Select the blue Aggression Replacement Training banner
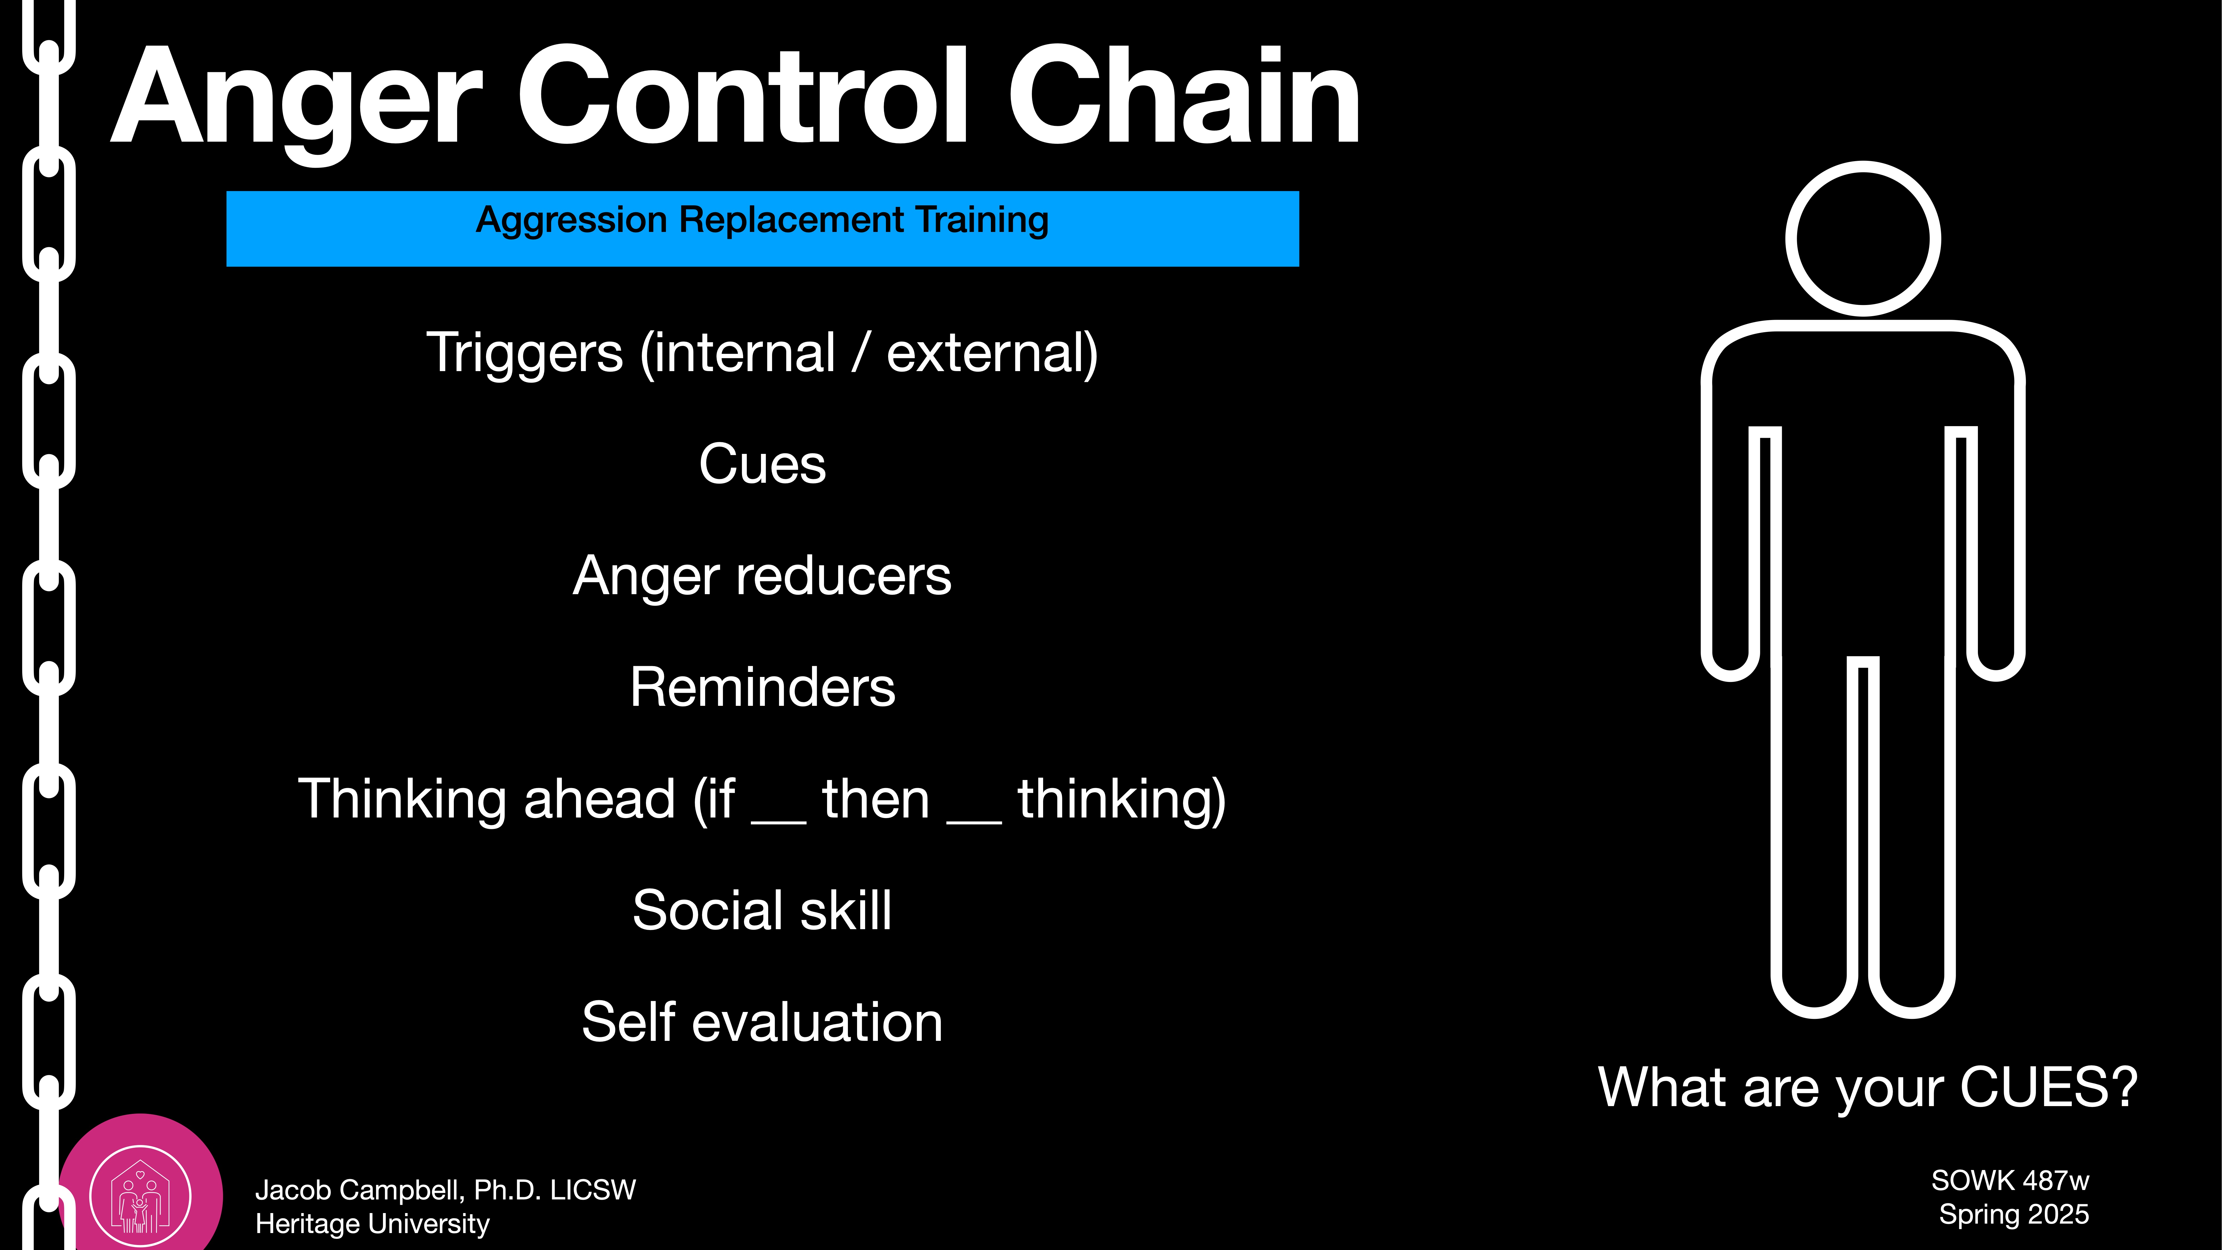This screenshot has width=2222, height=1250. [x=763, y=229]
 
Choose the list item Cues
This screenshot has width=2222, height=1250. [x=763, y=464]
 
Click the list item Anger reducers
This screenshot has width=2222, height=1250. [x=763, y=575]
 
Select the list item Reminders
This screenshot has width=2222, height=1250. [x=763, y=687]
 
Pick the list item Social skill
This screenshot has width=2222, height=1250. [x=763, y=910]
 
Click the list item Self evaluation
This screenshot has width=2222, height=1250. [x=763, y=1022]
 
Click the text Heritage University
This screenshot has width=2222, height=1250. [x=373, y=1223]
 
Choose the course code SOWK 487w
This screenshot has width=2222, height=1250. [x=2010, y=1180]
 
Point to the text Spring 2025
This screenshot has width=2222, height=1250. [x=2013, y=1215]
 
